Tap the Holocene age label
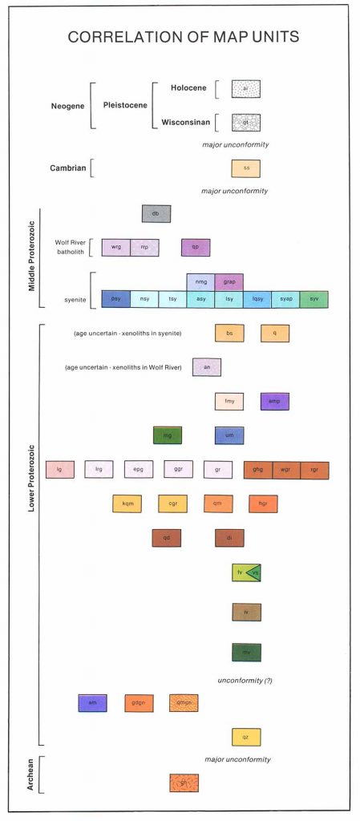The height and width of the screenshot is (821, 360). pos(190,87)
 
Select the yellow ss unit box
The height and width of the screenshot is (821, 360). pos(246,168)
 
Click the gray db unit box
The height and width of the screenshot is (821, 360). pos(156,213)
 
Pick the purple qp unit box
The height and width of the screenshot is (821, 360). pos(196,248)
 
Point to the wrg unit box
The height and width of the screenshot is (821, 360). pos(115,248)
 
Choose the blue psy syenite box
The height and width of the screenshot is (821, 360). pos(115,299)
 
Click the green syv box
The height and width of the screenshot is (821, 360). pos(314,299)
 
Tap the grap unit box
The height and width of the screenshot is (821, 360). pos(229,282)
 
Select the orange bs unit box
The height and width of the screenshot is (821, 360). pos(229,333)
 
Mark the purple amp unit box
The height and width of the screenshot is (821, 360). pos(274,402)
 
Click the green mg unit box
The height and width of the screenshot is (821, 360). pos(168,435)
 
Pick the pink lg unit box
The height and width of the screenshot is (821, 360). pos(59,470)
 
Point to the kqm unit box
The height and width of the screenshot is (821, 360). pos(127,504)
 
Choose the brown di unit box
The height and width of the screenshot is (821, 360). pos(229,538)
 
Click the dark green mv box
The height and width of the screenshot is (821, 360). pos(246,653)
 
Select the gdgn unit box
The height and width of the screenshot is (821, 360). pos(139,703)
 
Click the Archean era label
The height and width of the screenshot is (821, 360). pos(30,775)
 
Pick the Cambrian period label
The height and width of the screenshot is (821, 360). pos(67,168)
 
